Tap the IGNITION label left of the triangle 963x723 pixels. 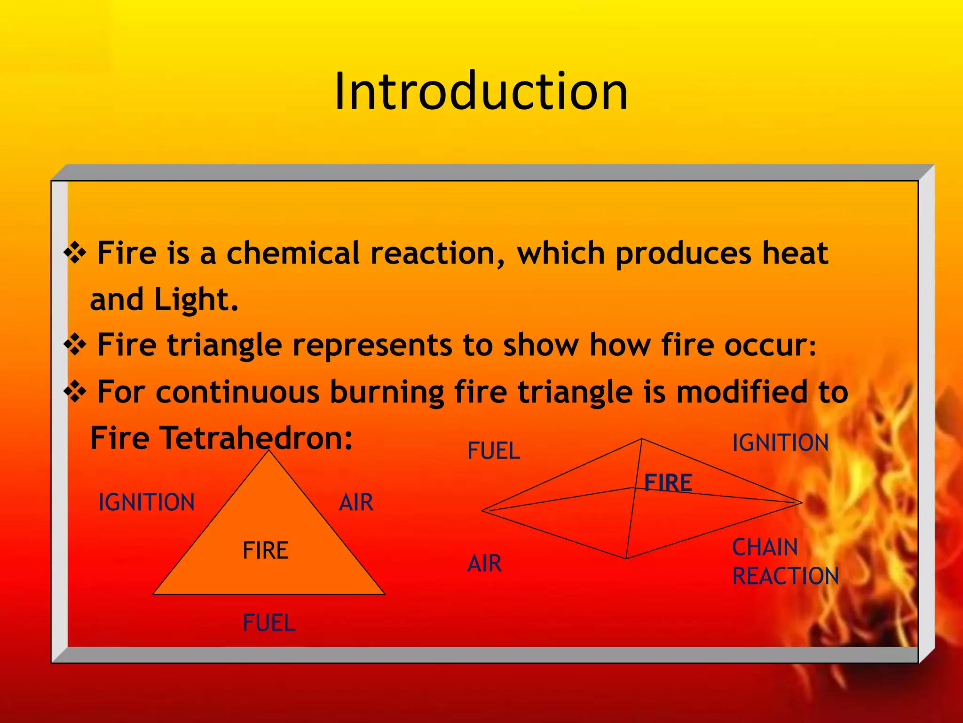click(x=146, y=502)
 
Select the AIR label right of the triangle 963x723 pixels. click(x=356, y=502)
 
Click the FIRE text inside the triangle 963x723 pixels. click(x=265, y=550)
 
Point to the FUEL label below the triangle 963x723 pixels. click(x=269, y=623)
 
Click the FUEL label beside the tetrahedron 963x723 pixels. click(x=494, y=451)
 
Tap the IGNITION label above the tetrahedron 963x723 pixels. click(x=780, y=443)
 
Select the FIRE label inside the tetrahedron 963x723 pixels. click(x=668, y=483)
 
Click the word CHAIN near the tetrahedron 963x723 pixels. click(x=765, y=547)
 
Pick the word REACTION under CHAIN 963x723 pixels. click(x=785, y=576)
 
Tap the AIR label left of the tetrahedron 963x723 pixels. click(x=484, y=563)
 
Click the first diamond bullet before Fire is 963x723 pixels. click(x=75, y=253)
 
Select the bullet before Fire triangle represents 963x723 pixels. click(x=75, y=345)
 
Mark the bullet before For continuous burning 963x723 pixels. click(x=75, y=392)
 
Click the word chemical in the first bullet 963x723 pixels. click(x=293, y=253)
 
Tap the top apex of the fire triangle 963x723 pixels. click(x=269, y=451)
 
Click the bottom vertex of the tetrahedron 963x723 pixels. click(x=626, y=558)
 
